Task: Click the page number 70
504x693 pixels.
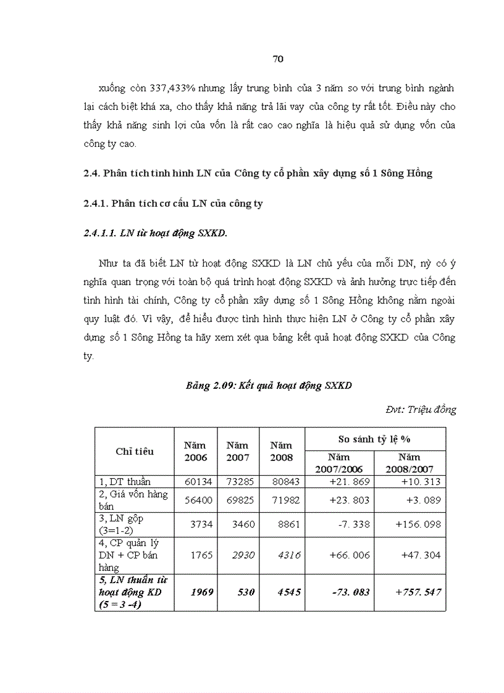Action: coord(277,59)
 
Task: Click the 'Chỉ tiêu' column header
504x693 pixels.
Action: coord(135,451)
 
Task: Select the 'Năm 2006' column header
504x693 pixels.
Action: coord(196,451)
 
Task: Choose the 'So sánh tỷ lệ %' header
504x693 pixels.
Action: coord(374,439)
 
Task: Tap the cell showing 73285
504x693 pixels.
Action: coord(237,481)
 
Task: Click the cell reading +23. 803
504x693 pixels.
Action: coord(349,500)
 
